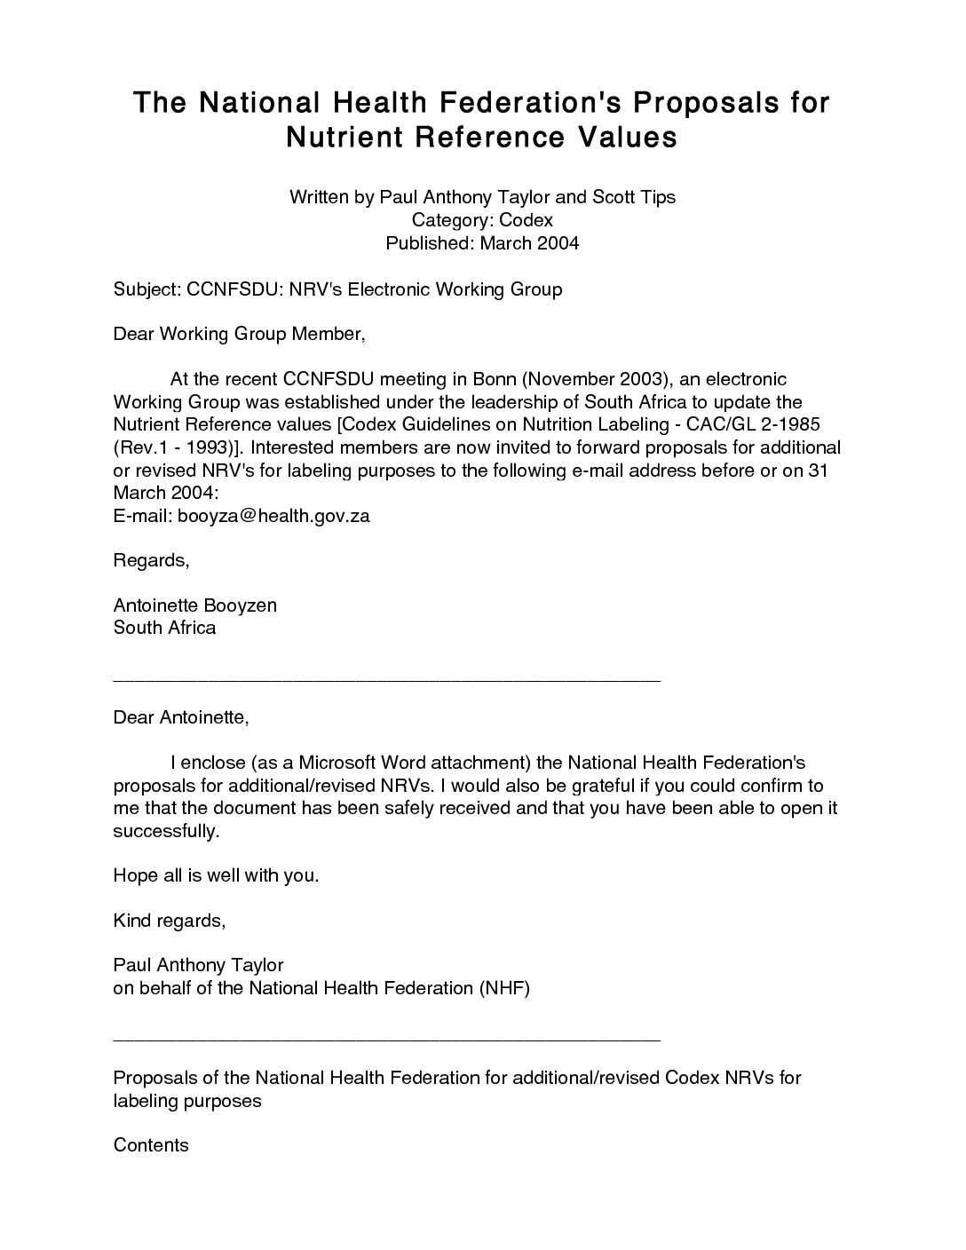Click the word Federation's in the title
pyautogui.click(x=525, y=103)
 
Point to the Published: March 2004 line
pyautogui.click(x=482, y=243)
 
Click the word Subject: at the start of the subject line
pyautogui.click(x=147, y=289)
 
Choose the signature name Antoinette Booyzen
pyautogui.click(x=195, y=605)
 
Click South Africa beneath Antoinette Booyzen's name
pyautogui.click(x=164, y=628)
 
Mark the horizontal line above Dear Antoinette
pyautogui.click(x=387, y=680)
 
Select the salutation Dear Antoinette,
pyautogui.click(x=181, y=717)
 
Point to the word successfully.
pyautogui.click(x=165, y=831)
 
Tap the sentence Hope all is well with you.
pyautogui.click(x=216, y=875)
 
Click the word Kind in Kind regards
pyautogui.click(x=132, y=921)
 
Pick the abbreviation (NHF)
pyautogui.click(x=503, y=988)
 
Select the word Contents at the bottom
pyautogui.click(x=151, y=1145)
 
